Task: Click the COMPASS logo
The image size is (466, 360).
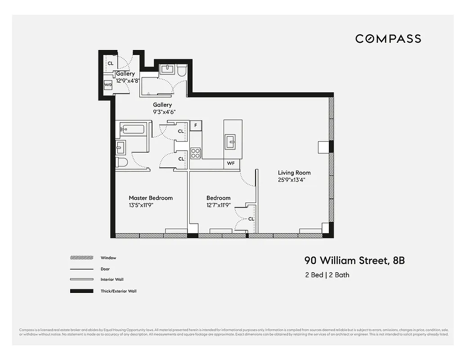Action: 388,39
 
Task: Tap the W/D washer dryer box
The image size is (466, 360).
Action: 108,85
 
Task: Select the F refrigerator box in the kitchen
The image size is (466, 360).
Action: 196,126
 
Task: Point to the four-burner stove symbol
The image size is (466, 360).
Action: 196,153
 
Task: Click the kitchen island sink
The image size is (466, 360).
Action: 231,142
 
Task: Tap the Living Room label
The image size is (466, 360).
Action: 294,173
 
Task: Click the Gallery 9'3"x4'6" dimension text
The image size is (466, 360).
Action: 162,112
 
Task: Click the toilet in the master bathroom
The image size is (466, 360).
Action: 122,162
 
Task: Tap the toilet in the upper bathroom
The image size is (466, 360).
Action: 182,71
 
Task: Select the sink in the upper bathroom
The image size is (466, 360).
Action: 167,69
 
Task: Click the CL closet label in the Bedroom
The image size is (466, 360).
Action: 251,219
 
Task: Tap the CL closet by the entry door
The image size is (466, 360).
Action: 110,63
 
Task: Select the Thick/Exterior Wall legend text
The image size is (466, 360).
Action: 118,291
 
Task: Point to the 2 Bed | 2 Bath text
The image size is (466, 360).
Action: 327,275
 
